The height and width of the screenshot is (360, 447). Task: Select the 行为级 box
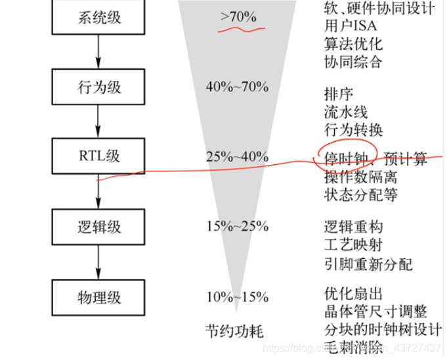pyautogui.click(x=98, y=87)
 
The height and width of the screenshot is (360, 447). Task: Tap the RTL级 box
pyautogui.click(x=98, y=157)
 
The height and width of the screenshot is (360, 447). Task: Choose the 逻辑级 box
pyautogui.click(x=98, y=227)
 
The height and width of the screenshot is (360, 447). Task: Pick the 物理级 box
pyautogui.click(x=98, y=297)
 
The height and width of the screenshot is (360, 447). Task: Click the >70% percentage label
pyautogui.click(x=239, y=17)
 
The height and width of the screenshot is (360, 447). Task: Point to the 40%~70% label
pyautogui.click(x=237, y=87)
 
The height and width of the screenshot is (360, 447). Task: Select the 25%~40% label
pyautogui.click(x=237, y=157)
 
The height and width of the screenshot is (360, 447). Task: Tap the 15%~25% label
pyautogui.click(x=237, y=227)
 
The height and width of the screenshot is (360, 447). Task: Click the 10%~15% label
pyautogui.click(x=237, y=297)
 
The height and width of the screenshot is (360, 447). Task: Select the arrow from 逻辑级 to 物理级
pyautogui.click(x=98, y=261)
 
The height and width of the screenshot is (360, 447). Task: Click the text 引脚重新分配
pyautogui.click(x=368, y=264)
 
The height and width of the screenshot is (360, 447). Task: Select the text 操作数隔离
pyautogui.click(x=360, y=177)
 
